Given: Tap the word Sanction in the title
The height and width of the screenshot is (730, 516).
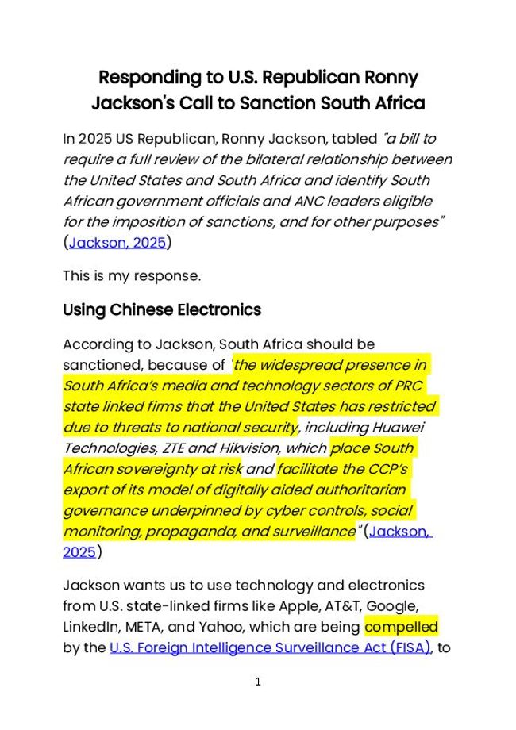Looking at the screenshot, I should (x=279, y=103).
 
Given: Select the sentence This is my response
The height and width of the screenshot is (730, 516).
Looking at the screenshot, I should (x=132, y=276).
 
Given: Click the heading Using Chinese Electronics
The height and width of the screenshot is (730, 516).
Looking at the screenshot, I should (x=162, y=309).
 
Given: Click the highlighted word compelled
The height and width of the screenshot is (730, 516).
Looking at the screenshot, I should (x=401, y=627).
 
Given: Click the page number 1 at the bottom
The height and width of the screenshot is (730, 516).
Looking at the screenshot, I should (x=258, y=682).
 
